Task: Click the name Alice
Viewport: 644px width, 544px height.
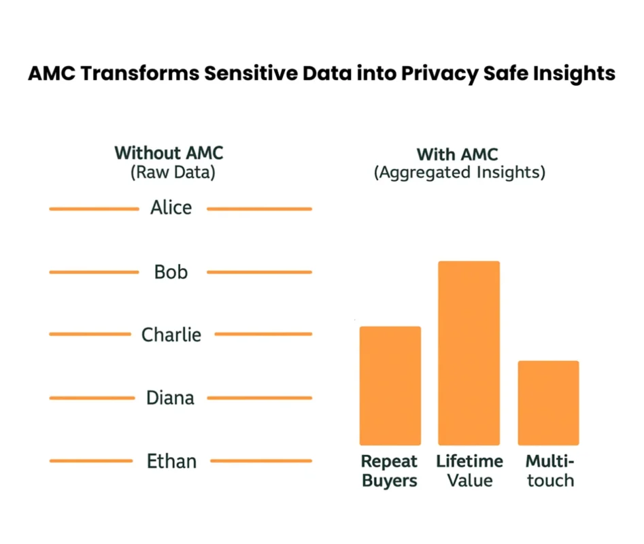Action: (x=171, y=207)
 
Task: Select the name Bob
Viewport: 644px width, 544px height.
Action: (x=171, y=272)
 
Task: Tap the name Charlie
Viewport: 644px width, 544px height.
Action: (x=171, y=335)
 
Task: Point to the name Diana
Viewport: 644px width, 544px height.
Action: (x=171, y=397)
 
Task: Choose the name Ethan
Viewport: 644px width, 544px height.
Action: (x=171, y=461)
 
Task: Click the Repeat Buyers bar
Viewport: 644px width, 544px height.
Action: (x=390, y=386)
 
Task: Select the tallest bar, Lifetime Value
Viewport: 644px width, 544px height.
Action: (x=469, y=353)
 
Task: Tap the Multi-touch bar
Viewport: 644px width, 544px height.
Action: (x=548, y=403)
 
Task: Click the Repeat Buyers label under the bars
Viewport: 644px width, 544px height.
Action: (x=390, y=471)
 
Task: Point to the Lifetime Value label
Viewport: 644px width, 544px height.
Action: (x=469, y=471)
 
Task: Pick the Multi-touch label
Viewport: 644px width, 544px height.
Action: (x=549, y=471)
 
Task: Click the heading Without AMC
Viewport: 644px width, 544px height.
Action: (x=169, y=152)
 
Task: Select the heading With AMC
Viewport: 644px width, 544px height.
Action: (x=457, y=154)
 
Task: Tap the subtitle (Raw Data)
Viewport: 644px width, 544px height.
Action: (x=173, y=172)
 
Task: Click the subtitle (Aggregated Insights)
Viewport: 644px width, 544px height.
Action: (x=460, y=173)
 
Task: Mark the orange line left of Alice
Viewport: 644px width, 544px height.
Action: (x=93, y=209)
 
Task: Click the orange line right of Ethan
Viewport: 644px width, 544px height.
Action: (x=261, y=461)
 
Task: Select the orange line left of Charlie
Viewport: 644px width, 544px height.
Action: (x=89, y=334)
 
